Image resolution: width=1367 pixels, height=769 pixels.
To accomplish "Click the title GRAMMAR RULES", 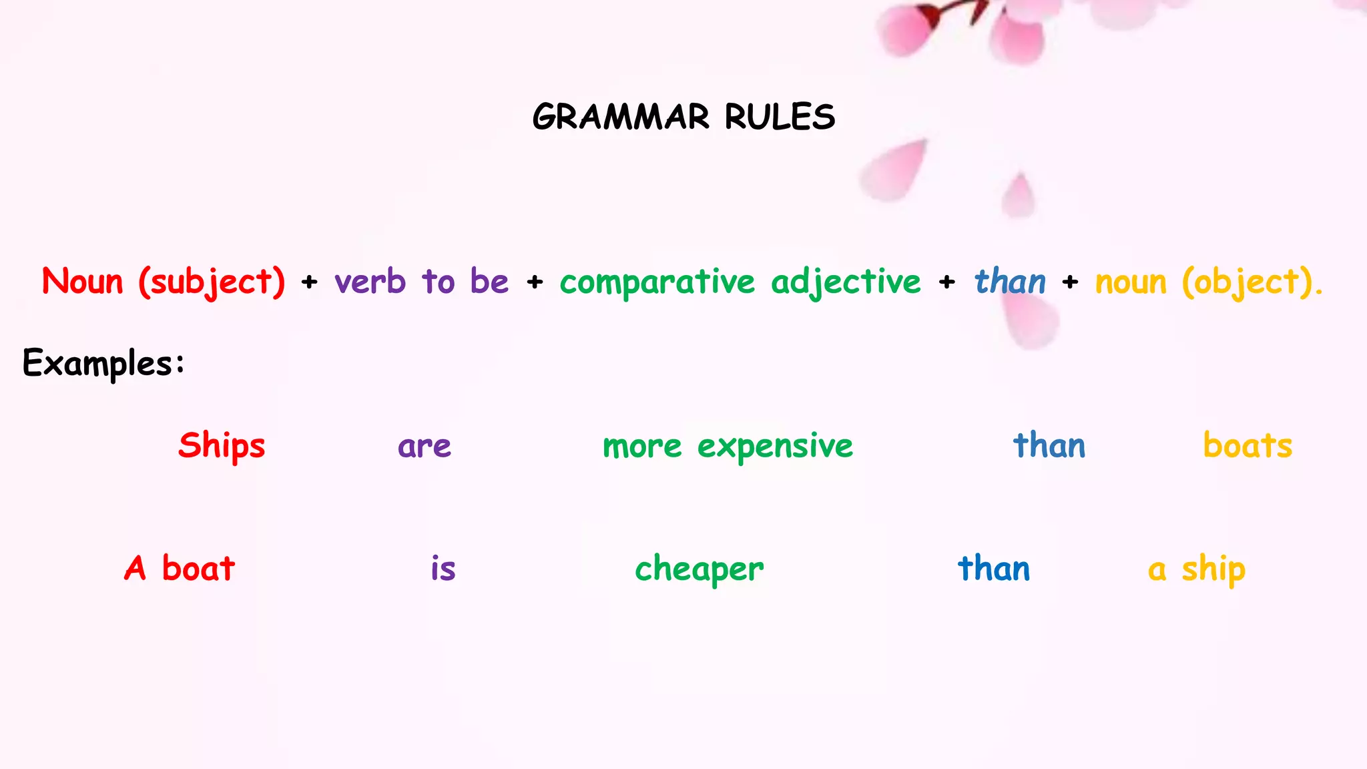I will [683, 117].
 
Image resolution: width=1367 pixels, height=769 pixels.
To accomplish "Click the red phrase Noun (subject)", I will [164, 282].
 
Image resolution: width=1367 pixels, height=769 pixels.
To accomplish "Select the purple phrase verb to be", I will [422, 282].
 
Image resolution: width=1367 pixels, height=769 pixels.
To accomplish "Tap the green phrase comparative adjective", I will [740, 282].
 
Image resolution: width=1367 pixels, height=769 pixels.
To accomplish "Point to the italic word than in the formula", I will [1010, 282].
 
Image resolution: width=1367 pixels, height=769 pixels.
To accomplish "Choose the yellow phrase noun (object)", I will [1208, 282].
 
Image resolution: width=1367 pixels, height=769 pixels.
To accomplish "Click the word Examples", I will [103, 364].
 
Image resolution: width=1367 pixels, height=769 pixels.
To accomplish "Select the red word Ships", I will [222, 446].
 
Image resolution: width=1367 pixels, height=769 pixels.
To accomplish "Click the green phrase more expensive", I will [728, 446].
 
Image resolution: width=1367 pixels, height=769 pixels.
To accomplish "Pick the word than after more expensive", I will [1049, 446].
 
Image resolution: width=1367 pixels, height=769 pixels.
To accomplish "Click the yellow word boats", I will [1248, 446].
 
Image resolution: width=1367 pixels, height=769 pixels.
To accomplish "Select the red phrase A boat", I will [180, 569].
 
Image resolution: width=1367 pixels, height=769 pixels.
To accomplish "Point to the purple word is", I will [443, 569].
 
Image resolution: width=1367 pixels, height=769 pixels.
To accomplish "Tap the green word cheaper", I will [699, 569].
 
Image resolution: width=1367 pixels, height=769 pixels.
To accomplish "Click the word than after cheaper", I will [994, 569].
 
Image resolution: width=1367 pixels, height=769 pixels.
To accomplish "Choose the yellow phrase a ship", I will [1197, 569].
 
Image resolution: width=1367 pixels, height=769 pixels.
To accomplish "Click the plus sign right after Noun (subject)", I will [309, 282].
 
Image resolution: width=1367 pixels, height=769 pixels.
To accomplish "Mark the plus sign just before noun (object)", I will [1070, 282].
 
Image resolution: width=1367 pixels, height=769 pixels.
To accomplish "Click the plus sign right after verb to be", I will [535, 282].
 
